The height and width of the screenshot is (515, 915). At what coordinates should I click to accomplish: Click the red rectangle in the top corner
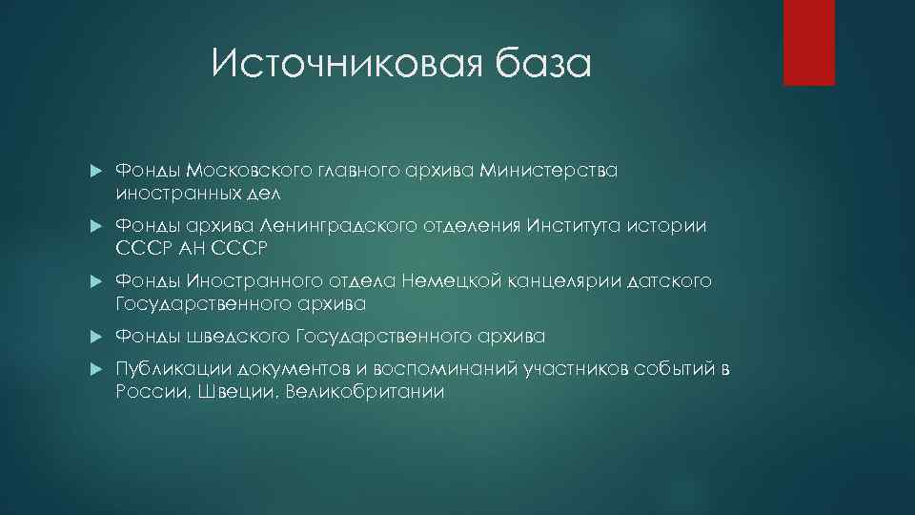pos(808,42)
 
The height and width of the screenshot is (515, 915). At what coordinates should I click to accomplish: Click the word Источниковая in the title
pos(341,65)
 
